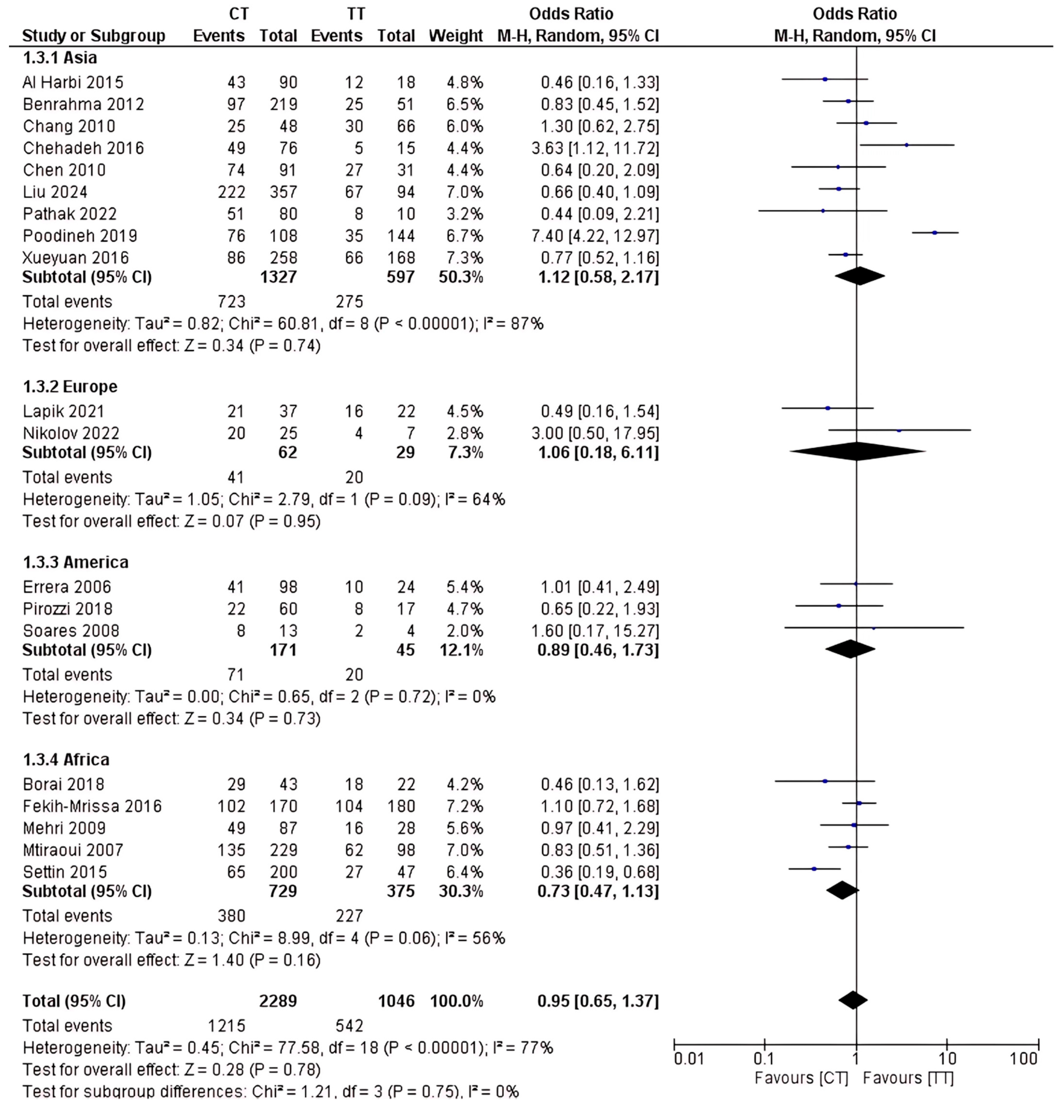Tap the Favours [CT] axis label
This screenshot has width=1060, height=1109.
point(801,1078)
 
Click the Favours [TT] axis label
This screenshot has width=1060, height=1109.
point(908,1078)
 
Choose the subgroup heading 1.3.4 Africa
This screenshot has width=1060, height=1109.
point(66,759)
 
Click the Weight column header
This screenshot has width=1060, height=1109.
point(455,36)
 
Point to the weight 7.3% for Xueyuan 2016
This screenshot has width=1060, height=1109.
point(464,258)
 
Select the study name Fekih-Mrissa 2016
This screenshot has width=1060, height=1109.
point(92,806)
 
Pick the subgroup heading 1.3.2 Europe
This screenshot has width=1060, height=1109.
point(70,386)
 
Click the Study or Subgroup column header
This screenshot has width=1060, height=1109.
point(94,36)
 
